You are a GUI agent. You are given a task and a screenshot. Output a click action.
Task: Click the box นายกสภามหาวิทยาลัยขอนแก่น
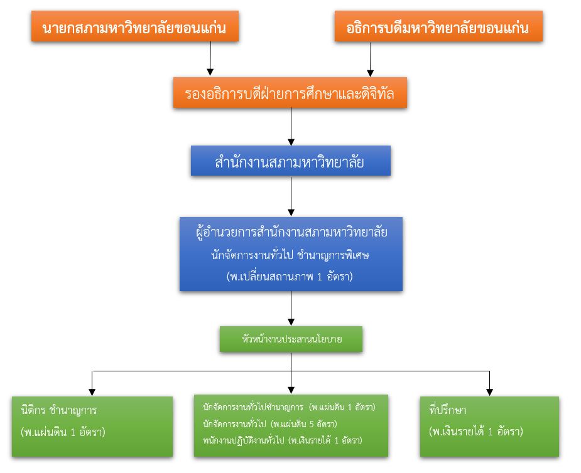[x=134, y=28]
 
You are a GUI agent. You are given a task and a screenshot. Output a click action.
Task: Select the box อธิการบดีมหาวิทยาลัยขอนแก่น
[x=438, y=28]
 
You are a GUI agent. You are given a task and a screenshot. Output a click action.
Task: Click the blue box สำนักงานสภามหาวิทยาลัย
[x=290, y=162]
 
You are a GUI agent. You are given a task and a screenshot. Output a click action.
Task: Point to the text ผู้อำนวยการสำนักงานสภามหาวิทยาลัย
[x=291, y=232]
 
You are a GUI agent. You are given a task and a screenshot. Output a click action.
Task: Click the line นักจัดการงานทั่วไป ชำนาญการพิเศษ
[x=291, y=255]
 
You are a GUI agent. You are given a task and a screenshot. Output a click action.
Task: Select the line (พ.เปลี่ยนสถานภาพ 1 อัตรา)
[x=291, y=277]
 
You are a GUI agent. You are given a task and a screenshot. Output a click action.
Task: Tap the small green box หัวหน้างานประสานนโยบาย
[x=291, y=339]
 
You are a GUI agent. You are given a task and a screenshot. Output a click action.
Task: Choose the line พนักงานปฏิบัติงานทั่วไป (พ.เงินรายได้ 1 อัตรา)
[x=282, y=440]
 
